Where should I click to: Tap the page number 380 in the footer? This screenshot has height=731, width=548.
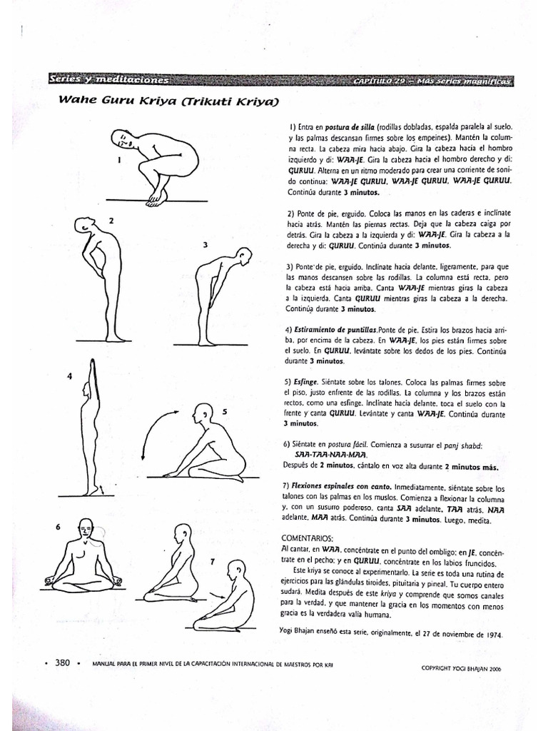(62, 663)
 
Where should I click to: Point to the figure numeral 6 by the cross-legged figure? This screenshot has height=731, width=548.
(58, 527)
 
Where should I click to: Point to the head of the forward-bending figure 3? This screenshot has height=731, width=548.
(245, 255)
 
